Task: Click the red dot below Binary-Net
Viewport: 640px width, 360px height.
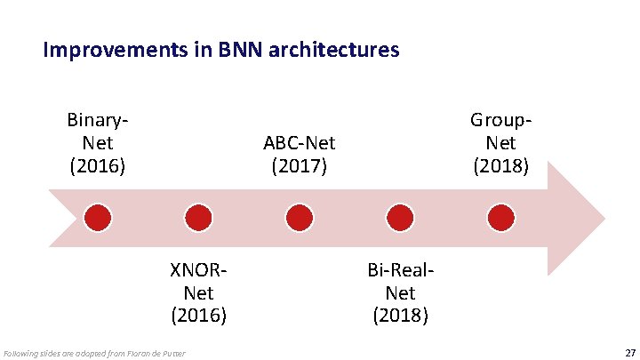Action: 98,217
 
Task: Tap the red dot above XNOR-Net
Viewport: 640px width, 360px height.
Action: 198,217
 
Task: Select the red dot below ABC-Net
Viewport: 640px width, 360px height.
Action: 300,217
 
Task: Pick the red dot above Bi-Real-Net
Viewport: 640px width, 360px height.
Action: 400,217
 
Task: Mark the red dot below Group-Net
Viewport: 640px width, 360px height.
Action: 501,217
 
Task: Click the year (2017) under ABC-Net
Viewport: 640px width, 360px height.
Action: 300,165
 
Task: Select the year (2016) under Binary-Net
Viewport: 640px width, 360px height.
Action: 98,165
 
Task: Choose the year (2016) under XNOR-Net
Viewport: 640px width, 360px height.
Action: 198,315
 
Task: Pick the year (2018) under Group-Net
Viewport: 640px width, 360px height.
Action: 501,165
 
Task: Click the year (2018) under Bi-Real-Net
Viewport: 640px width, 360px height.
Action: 400,315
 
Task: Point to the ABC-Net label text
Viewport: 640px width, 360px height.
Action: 300,142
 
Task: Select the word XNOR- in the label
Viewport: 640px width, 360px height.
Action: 198,268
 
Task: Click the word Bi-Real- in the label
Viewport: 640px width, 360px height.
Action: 400,268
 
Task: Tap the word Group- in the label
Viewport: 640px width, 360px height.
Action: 501,119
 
